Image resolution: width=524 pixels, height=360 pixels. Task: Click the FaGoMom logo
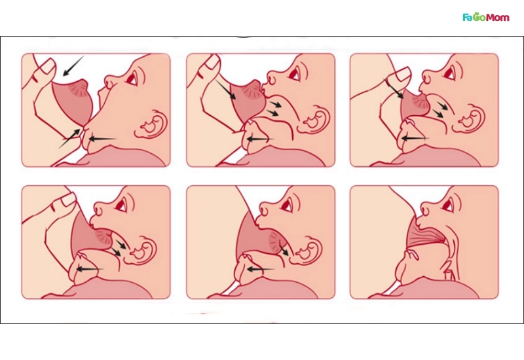tap(486, 17)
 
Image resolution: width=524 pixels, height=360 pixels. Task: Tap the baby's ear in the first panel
tap(150, 124)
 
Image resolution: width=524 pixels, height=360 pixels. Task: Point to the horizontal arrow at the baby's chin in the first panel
tap(102, 139)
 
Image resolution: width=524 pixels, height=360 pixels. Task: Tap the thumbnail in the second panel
tap(212, 62)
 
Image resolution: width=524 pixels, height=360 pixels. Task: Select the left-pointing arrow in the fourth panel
tap(88, 268)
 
